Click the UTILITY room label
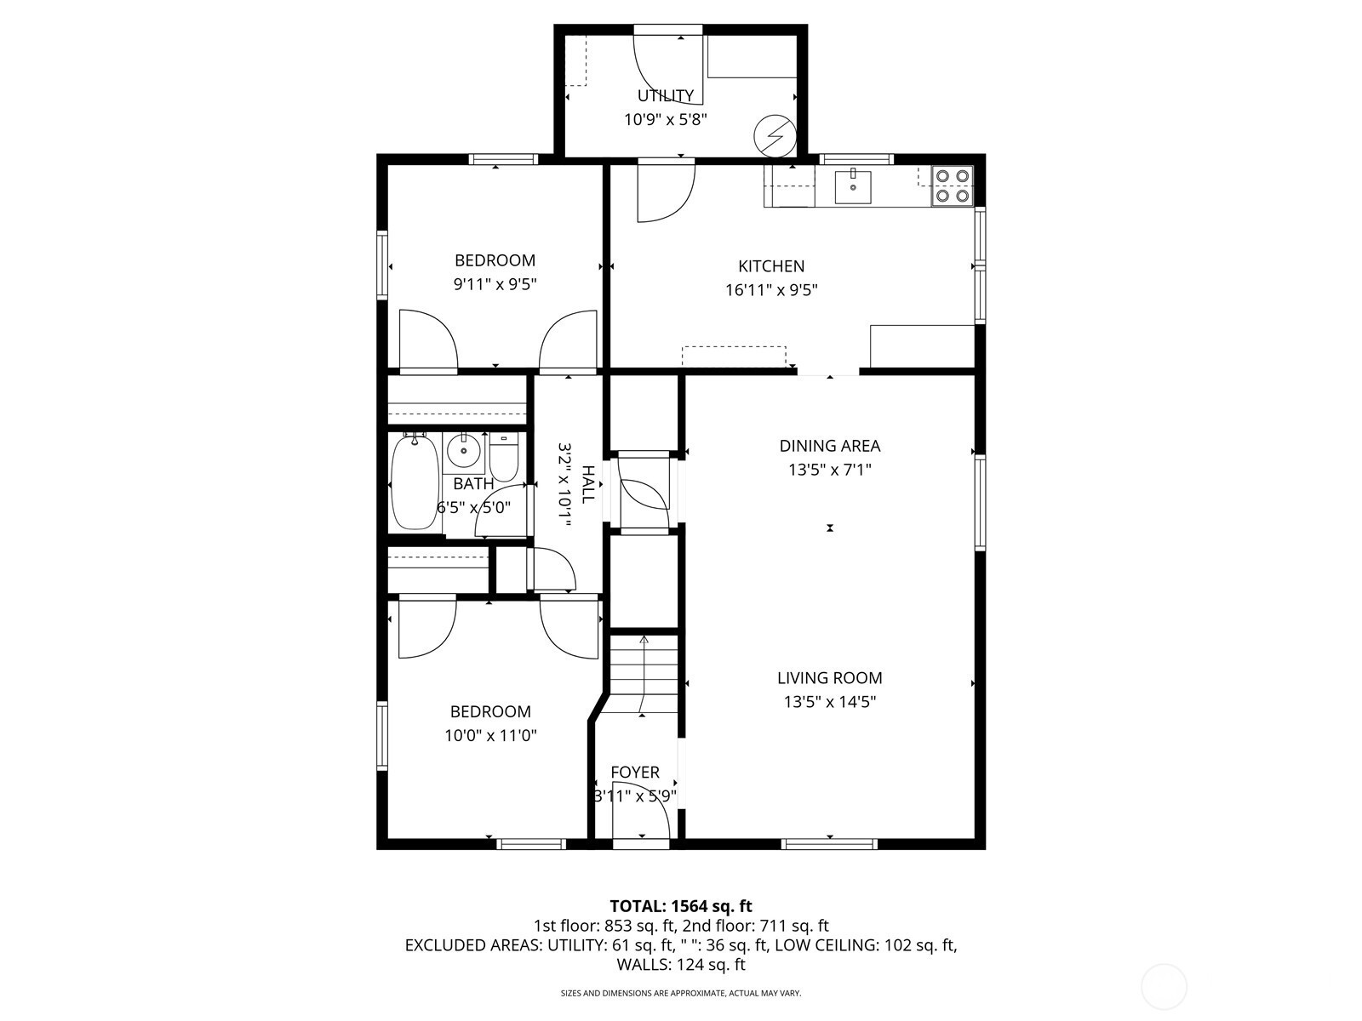point(665,95)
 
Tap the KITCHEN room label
point(770,266)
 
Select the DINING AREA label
point(830,446)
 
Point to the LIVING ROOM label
point(830,677)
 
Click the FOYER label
point(635,772)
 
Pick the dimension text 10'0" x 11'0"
point(490,735)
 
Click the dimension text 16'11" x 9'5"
point(771,290)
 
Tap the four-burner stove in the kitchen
point(953,186)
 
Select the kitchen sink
point(853,186)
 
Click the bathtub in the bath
point(415,482)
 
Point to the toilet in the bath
point(504,457)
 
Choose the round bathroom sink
point(464,450)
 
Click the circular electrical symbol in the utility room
point(775,136)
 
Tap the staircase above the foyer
point(644,675)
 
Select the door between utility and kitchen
point(666,191)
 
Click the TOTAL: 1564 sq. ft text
point(681,906)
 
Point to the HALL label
point(587,484)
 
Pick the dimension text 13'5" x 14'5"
point(830,702)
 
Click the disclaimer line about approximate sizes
point(681,993)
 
